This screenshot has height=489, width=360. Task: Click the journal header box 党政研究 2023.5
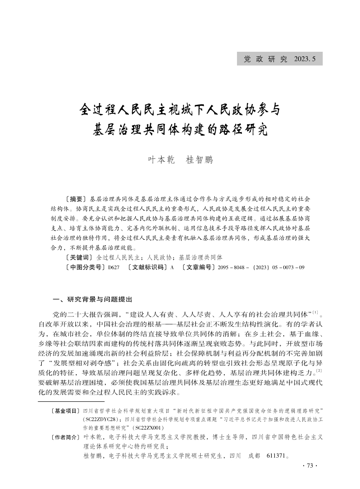point(280,59)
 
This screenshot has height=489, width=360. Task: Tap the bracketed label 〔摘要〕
point(76,199)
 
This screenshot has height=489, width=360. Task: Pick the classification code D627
point(113,268)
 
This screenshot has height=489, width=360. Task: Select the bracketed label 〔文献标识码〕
point(146,268)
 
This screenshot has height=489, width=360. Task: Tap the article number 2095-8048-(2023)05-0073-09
point(261,268)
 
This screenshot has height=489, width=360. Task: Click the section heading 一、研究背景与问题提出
point(93,300)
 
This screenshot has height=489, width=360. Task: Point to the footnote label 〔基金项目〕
point(64,411)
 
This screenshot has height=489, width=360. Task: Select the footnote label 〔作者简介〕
point(64,437)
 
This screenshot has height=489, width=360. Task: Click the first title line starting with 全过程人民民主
point(180,110)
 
